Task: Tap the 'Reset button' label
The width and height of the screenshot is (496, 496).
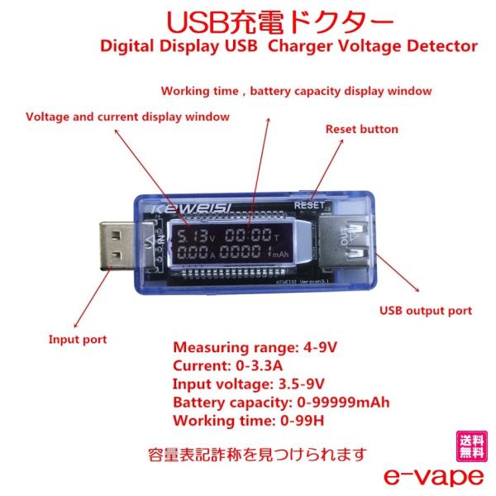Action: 361,129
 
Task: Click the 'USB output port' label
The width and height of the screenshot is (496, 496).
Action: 425,311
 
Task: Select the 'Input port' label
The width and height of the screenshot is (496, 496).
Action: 77,339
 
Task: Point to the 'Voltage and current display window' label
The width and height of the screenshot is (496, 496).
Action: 127,117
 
